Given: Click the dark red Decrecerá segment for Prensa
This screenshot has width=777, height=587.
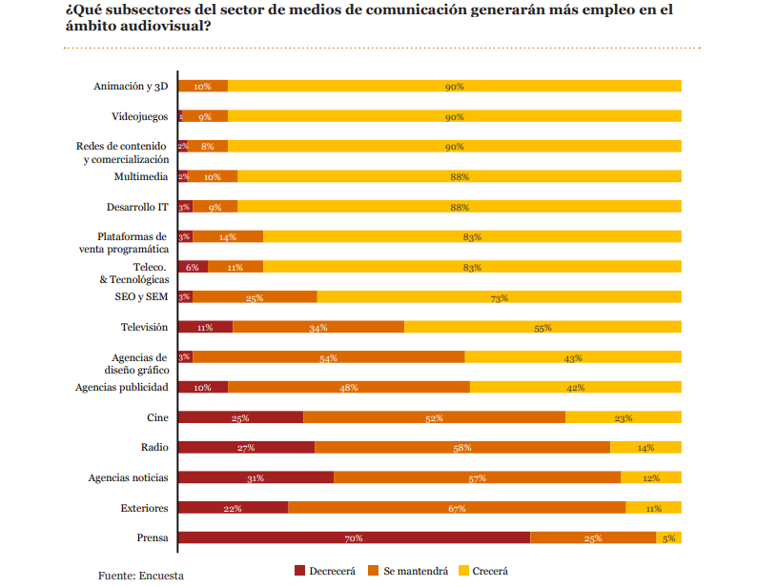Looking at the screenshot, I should click(354, 537).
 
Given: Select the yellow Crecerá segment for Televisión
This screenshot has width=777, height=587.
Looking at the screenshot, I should click(542, 327).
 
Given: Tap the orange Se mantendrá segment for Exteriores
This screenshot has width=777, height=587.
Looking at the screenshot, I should click(457, 508).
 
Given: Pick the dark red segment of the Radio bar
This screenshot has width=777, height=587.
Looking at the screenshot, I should click(246, 447).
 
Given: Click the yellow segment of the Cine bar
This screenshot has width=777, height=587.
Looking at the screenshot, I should click(624, 417).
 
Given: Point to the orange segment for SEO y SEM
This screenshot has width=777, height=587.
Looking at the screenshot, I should click(255, 297).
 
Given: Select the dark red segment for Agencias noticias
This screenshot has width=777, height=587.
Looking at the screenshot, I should click(256, 477).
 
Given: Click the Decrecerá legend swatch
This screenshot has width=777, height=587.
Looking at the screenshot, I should click(300, 571).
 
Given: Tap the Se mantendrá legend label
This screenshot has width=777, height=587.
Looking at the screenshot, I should click(416, 571).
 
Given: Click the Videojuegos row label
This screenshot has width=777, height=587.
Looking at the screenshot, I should click(139, 116).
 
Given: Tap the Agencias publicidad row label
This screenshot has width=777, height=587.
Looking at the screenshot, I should click(122, 387).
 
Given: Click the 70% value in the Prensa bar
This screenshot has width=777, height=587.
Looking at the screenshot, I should click(354, 538).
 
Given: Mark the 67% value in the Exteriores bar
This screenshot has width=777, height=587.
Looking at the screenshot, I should click(457, 509).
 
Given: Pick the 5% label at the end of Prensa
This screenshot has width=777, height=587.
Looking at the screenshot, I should click(668, 538).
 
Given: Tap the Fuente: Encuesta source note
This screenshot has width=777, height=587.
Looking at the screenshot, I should click(141, 576).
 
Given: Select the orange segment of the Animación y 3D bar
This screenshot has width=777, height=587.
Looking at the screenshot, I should click(203, 86).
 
